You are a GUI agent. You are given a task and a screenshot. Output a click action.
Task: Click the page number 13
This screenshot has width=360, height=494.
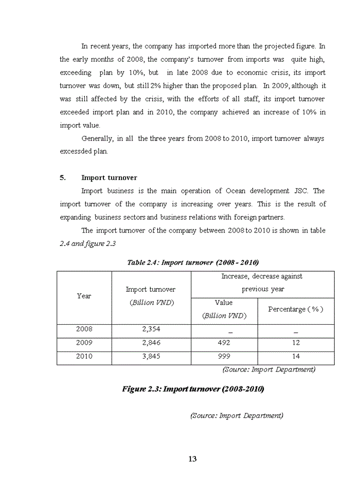click(x=193, y=459)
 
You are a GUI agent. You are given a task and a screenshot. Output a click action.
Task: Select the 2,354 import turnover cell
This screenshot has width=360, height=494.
click(x=151, y=329)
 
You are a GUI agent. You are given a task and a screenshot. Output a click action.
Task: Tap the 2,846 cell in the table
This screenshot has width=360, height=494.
click(x=151, y=343)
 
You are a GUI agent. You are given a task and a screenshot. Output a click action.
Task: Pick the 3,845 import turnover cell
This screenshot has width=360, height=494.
click(x=151, y=356)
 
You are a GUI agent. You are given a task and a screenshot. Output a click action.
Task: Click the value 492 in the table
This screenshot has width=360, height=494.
click(x=224, y=343)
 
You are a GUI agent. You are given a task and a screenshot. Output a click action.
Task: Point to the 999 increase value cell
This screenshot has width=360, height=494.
click(x=224, y=356)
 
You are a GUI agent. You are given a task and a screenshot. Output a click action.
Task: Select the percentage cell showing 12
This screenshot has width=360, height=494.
click(x=296, y=343)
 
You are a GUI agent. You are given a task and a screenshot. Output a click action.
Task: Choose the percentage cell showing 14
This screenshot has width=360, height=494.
click(x=296, y=356)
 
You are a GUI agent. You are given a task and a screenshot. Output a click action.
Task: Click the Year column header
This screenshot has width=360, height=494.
click(x=84, y=296)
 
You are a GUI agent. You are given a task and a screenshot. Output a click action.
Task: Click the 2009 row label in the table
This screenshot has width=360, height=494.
click(x=84, y=343)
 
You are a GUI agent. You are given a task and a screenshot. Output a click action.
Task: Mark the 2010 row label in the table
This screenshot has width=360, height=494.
click(x=84, y=356)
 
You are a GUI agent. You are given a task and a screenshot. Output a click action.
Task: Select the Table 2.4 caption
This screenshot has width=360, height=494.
click(x=192, y=262)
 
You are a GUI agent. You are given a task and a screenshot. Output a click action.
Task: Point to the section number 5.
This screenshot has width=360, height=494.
click(x=63, y=178)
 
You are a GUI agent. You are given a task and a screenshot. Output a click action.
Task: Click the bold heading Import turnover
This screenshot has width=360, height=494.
click(x=109, y=178)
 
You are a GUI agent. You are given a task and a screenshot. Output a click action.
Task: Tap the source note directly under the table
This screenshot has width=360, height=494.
click(x=268, y=369)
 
